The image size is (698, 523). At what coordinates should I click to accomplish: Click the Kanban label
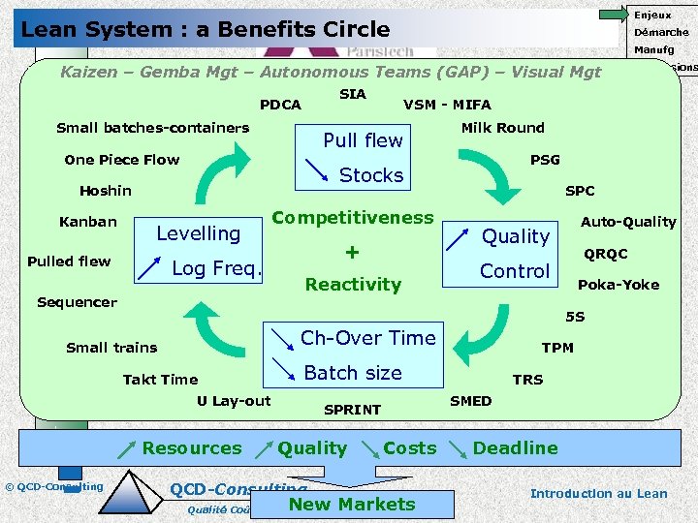pos(87,222)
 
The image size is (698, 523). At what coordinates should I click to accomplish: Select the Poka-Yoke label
pos(618,285)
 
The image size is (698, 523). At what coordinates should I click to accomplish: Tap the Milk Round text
pos(502,128)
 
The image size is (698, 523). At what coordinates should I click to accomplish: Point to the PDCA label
pos(280,105)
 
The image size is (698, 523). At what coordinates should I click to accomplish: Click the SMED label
pos(470,401)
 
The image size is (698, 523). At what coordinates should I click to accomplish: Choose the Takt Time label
pos(160,380)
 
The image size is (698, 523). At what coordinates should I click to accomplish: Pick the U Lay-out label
pos(234,401)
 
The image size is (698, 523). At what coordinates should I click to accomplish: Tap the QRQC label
pos(605,254)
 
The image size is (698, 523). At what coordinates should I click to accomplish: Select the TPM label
pos(556,348)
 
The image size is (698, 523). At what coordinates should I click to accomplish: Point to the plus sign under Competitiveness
pos(352,252)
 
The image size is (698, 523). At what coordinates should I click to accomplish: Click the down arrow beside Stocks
pos(315,171)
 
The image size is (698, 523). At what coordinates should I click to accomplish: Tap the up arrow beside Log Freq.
pos(148,269)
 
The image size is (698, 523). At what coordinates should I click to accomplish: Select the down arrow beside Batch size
pos(283,369)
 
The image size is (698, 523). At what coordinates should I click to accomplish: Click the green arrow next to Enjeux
pos(613,14)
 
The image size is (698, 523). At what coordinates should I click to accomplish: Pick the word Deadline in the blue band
pos(515,448)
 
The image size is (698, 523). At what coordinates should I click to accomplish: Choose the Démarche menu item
pos(661,32)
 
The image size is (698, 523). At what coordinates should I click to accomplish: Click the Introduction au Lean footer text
pos(598,493)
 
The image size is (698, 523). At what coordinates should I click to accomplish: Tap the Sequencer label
pos(77,302)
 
